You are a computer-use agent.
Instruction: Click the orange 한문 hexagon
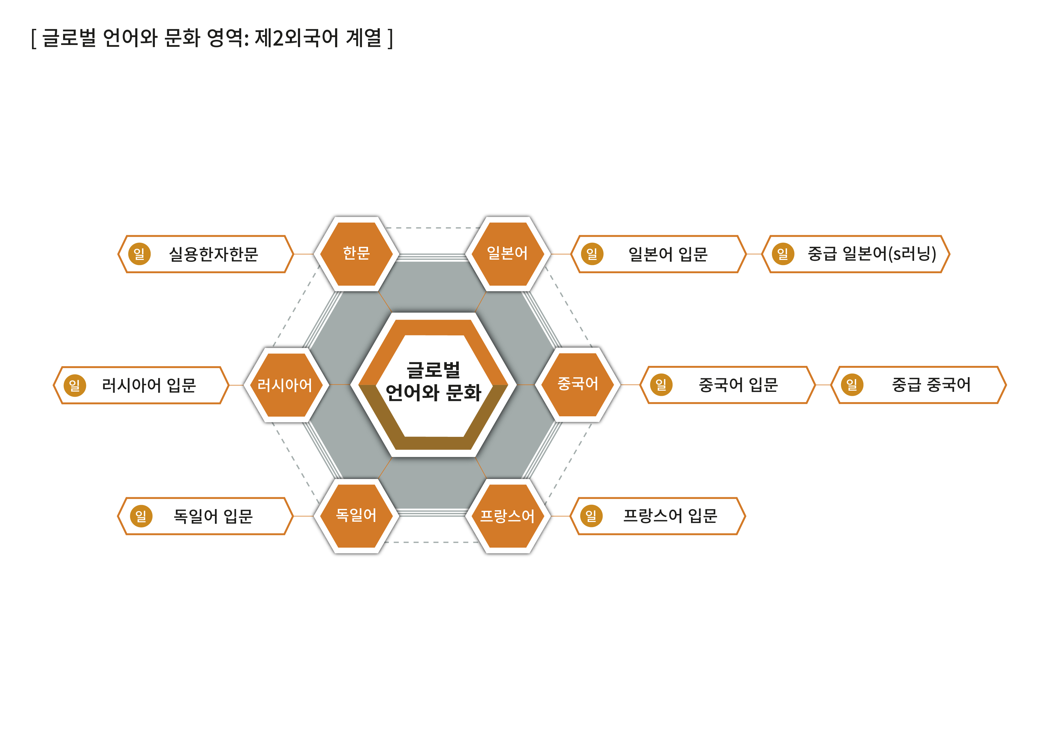pos(356,254)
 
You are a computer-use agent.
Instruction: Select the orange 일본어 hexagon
pos(507,254)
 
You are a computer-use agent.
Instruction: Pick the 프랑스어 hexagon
pos(507,516)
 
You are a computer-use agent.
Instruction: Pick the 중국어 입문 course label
pos(738,385)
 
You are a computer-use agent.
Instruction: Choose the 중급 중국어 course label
pos(931,385)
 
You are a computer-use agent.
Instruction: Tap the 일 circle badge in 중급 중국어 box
pos(851,385)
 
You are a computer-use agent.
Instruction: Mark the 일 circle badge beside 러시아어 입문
pos(75,385)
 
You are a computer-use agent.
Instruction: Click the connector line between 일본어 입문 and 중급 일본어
pos(754,254)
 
